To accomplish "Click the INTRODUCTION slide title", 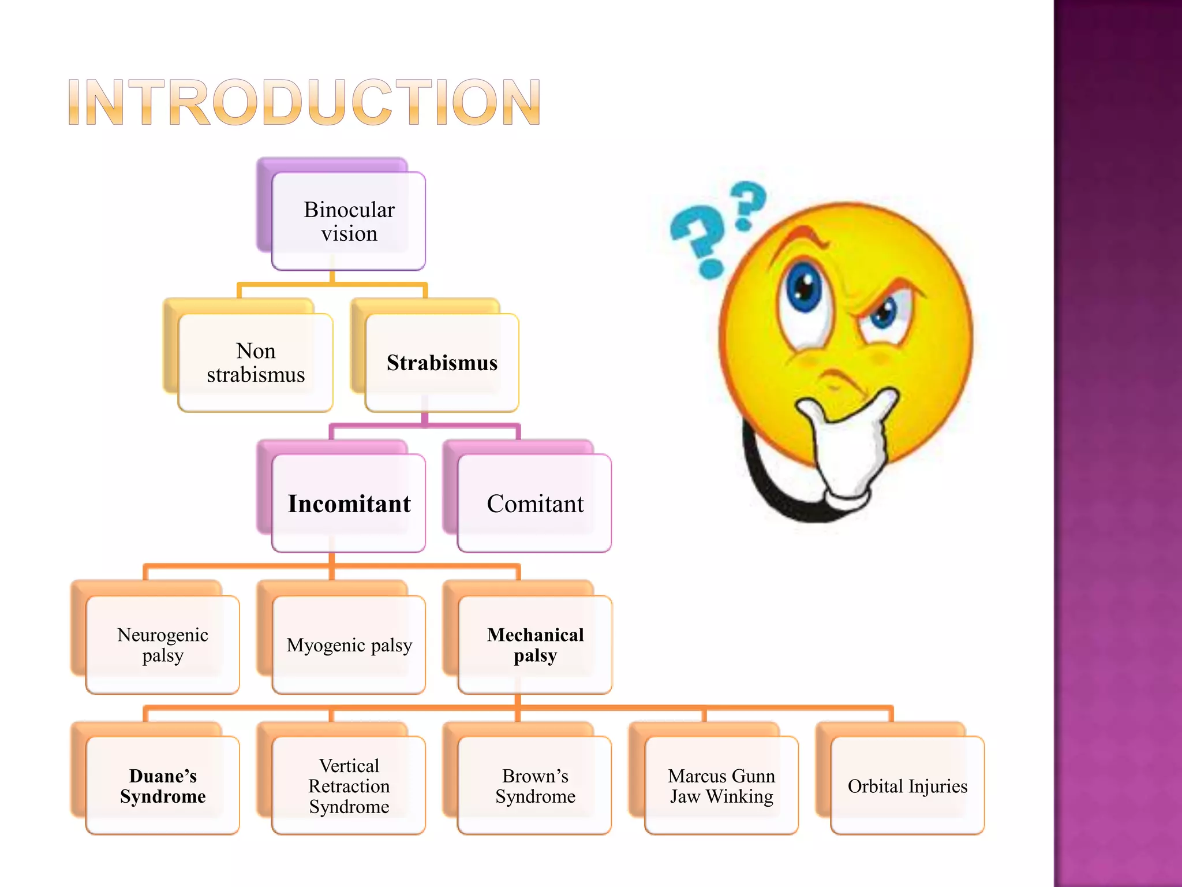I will [304, 102].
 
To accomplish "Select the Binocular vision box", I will [349, 221].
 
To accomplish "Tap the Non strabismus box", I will [256, 363].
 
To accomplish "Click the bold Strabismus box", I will [442, 363].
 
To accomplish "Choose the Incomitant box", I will [349, 504].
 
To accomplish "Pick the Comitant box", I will [534, 504].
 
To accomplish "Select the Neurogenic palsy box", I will [163, 644].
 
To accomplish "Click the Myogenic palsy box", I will [349, 644].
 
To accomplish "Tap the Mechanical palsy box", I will [535, 644].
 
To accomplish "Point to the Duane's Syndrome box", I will [163, 785].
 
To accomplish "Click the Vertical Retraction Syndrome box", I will [349, 785].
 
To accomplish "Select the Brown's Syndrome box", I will [534, 785].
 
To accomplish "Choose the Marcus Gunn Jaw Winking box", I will [721, 785].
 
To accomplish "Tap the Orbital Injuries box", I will [907, 785].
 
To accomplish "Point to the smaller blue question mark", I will [748, 203].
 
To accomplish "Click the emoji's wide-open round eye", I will [804, 288].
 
